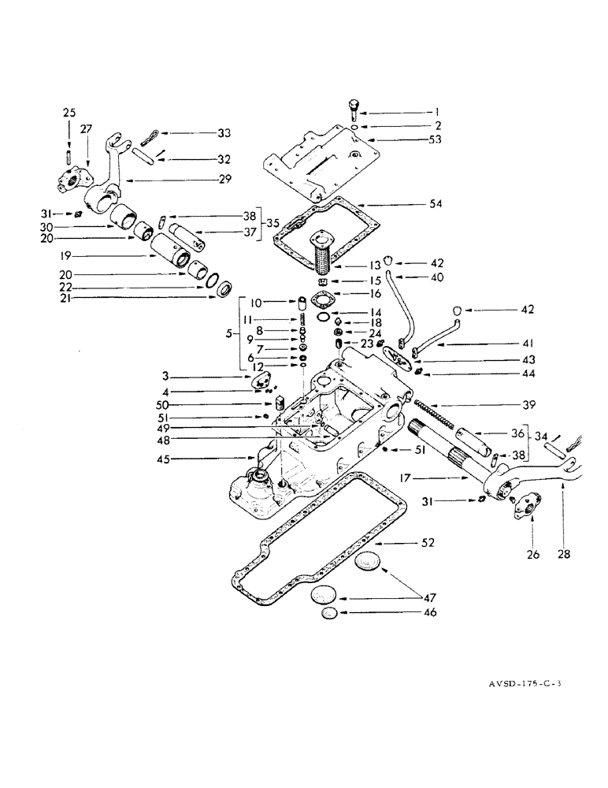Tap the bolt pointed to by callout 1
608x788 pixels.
click(352, 108)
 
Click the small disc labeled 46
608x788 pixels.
click(330, 611)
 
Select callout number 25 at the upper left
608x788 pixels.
click(70, 113)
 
